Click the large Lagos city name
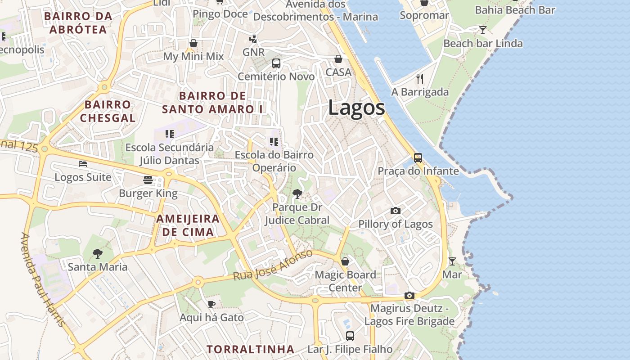(356, 108)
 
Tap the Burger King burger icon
(148, 180)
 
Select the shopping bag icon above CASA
(338, 59)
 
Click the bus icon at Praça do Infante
(418, 158)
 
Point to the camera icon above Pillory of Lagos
(396, 211)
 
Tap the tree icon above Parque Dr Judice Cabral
(297, 193)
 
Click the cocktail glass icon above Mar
(452, 261)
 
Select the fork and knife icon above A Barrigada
(420, 79)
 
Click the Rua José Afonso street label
(273, 265)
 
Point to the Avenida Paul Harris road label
(43, 279)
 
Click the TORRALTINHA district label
(250, 349)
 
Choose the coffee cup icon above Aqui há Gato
(211, 304)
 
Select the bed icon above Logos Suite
(83, 163)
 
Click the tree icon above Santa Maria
(98, 254)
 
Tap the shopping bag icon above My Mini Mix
(193, 43)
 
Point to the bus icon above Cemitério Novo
(276, 63)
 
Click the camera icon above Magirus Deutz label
(409, 296)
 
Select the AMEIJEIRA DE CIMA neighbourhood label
(188, 225)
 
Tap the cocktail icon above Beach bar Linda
(483, 30)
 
